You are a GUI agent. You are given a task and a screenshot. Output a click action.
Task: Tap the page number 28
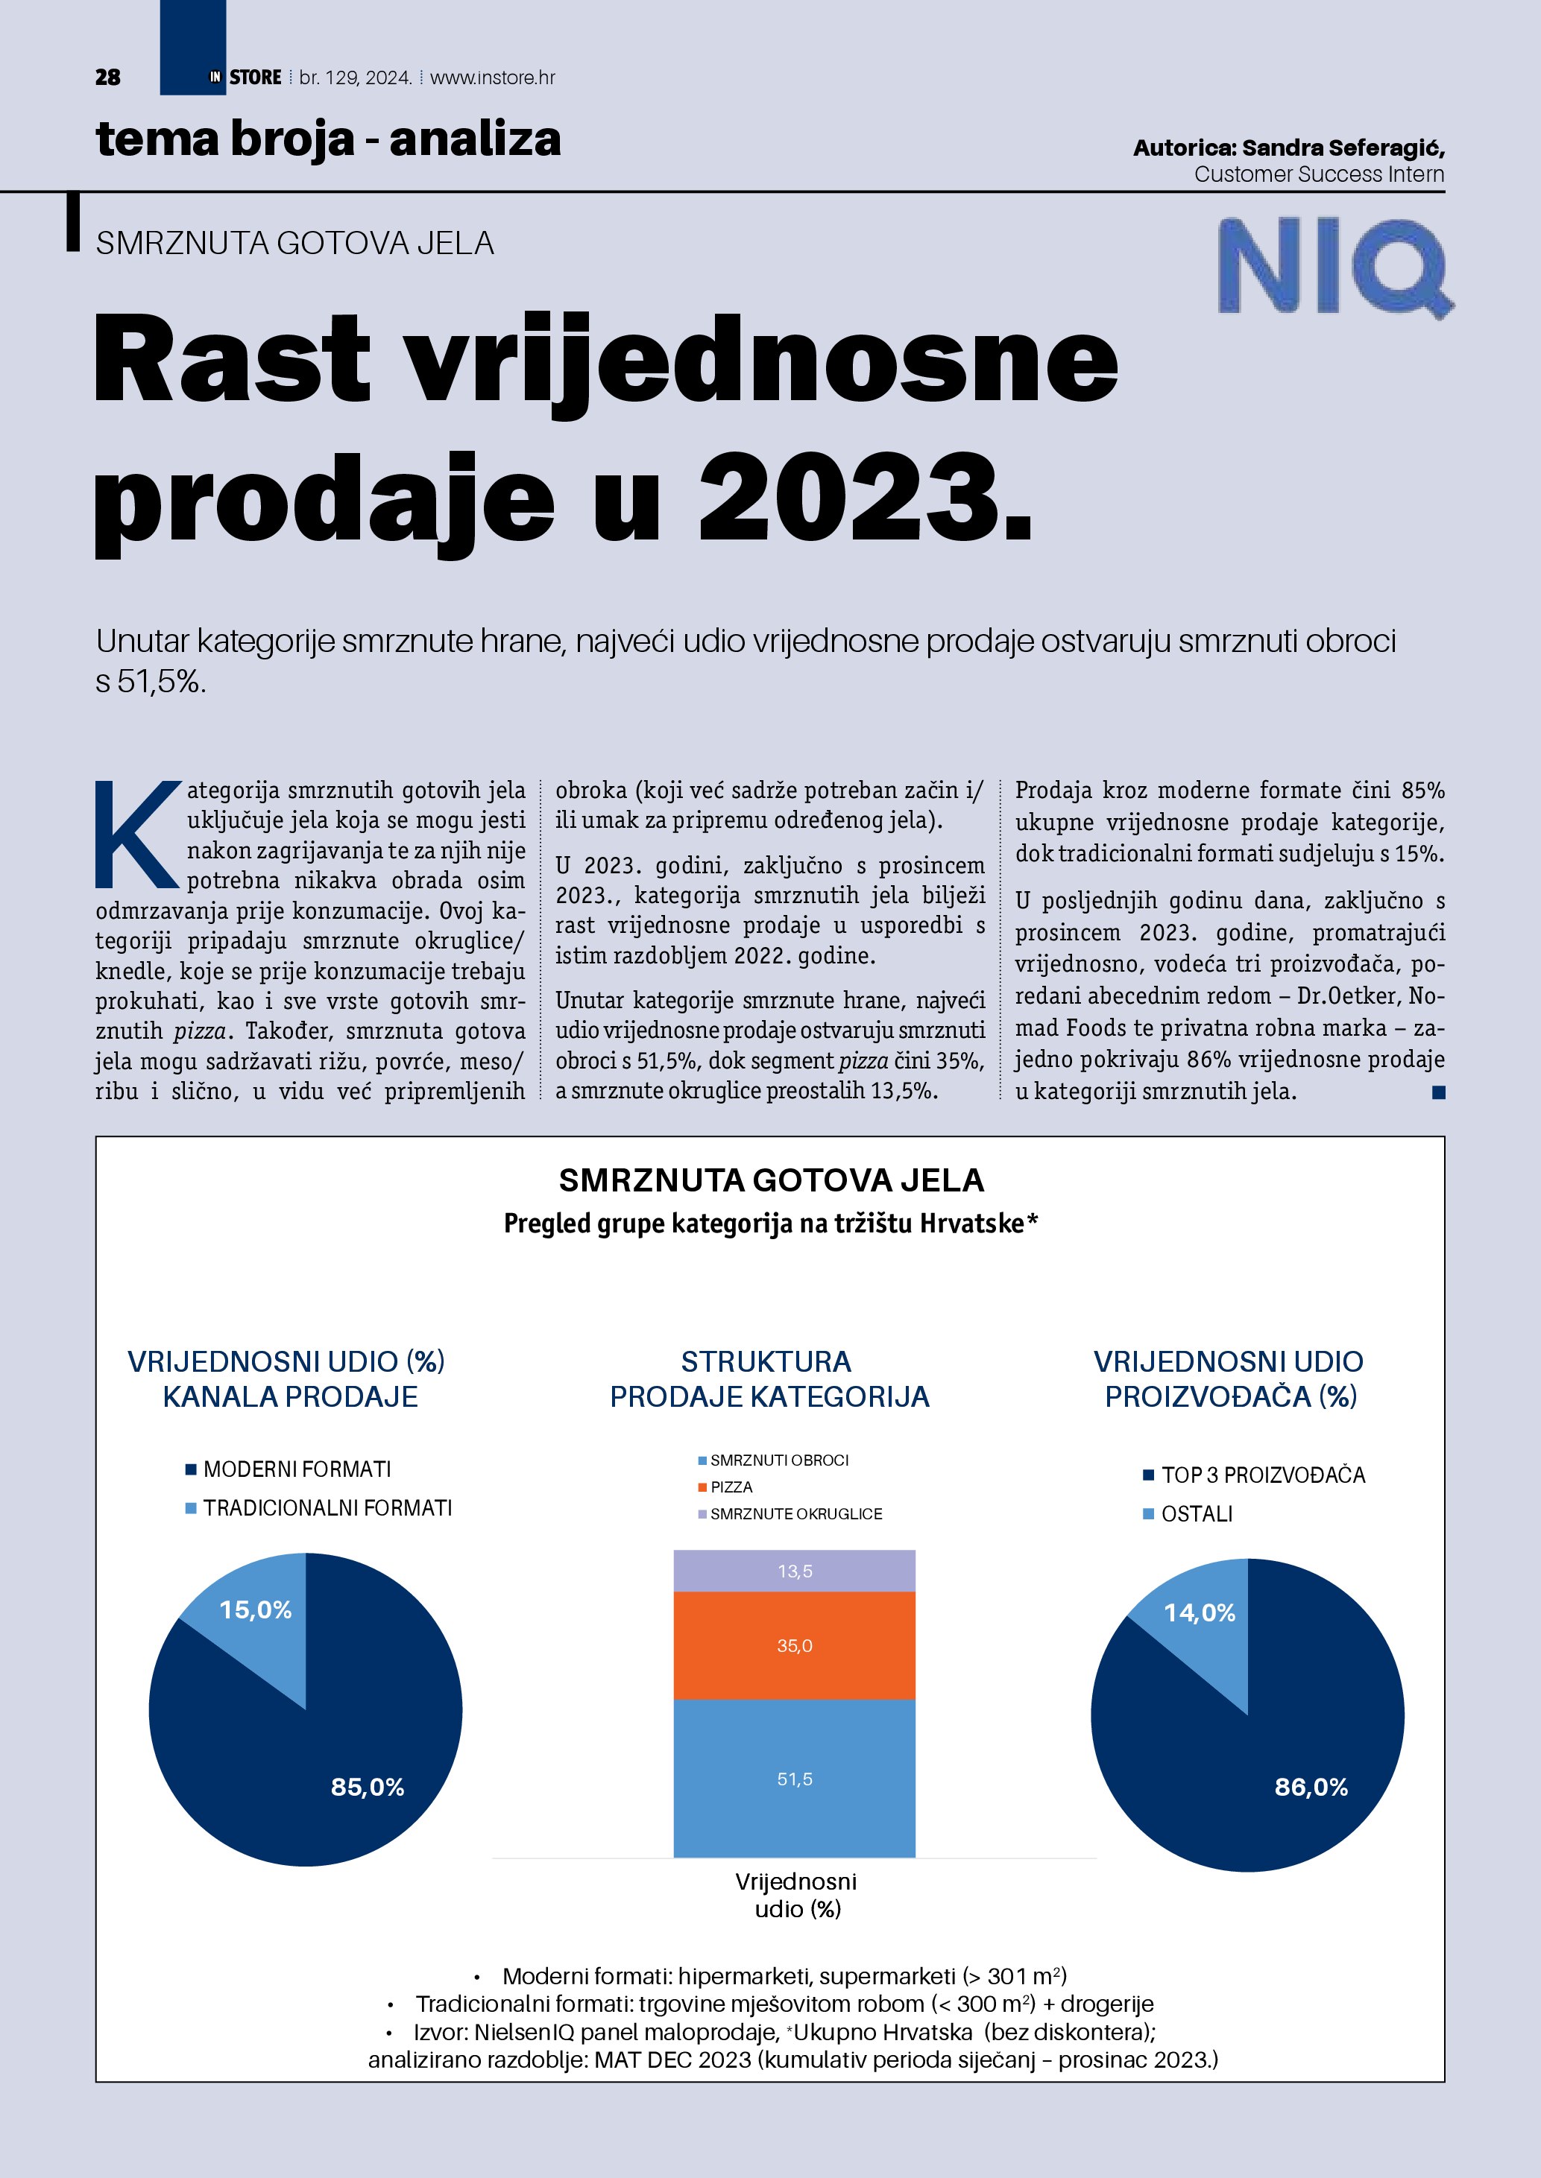click(108, 77)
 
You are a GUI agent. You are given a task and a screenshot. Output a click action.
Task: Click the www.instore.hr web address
click(493, 77)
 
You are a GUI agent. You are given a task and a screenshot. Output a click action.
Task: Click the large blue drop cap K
click(138, 834)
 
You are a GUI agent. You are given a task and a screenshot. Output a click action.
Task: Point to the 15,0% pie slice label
click(255, 1609)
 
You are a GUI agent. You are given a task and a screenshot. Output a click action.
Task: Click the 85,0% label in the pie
click(368, 1787)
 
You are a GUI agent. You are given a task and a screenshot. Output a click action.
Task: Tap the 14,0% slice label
click(1200, 1612)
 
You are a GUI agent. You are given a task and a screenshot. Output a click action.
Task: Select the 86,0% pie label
click(1311, 1787)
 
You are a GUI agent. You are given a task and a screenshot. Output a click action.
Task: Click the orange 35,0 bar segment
click(794, 1646)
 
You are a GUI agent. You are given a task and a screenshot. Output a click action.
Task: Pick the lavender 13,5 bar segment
click(794, 1571)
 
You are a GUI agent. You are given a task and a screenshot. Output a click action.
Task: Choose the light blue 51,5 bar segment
click(794, 1779)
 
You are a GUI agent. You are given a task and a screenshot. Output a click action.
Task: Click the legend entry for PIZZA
click(730, 1487)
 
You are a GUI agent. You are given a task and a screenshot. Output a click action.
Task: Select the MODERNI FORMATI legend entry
click(296, 1469)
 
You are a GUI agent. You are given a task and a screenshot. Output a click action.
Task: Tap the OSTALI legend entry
click(1196, 1514)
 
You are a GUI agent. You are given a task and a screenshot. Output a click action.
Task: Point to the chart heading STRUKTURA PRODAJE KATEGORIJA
click(769, 1379)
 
